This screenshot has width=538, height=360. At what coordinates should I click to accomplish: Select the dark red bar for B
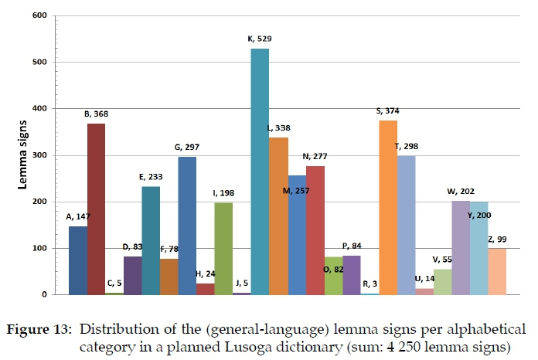pyautogui.click(x=96, y=209)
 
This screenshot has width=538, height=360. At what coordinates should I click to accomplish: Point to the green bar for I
pyautogui.click(x=223, y=248)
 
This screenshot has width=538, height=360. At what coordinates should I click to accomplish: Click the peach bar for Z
pyautogui.click(x=497, y=271)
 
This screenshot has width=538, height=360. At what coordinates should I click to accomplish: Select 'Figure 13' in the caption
pyautogui.click(x=39, y=328)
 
